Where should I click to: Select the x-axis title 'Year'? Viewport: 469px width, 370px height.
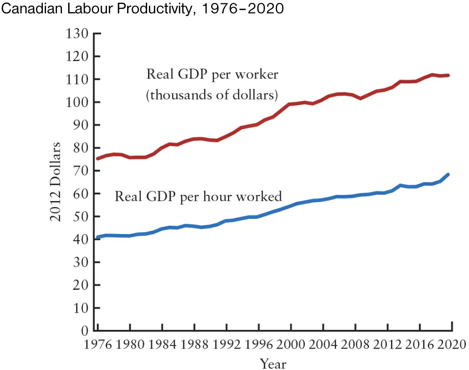click(x=273, y=363)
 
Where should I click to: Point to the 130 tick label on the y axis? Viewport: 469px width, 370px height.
click(x=78, y=33)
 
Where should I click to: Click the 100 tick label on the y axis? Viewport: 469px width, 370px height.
click(x=78, y=102)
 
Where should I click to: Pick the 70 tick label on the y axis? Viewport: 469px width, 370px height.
click(x=81, y=171)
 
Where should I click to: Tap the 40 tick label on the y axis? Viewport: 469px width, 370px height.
click(x=81, y=239)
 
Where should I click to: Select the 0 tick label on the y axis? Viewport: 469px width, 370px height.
click(x=84, y=331)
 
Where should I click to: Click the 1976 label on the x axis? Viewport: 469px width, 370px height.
click(x=98, y=345)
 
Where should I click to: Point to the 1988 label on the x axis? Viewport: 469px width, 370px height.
click(x=194, y=345)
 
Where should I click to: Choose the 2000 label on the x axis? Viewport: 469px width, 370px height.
click(x=291, y=345)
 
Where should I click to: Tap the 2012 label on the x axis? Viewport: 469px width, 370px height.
click(x=387, y=345)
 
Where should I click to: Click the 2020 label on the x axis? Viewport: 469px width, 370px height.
click(x=451, y=345)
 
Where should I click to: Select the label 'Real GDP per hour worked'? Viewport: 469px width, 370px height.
click(x=198, y=196)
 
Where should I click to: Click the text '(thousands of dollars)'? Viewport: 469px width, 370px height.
click(x=212, y=95)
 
